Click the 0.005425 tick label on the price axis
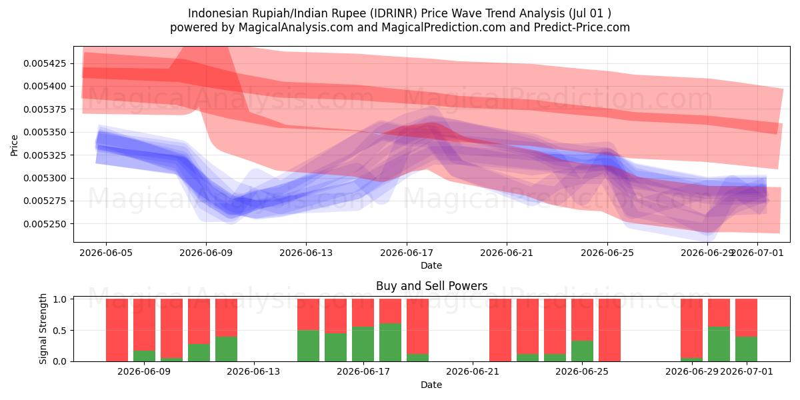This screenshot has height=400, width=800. [45, 63]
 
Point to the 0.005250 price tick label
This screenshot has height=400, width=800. [45, 224]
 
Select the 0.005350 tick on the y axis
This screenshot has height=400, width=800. [45, 132]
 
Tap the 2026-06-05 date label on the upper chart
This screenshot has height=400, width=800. [106, 253]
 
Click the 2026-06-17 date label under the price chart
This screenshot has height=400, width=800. [407, 253]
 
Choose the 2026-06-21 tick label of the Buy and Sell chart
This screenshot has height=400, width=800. [473, 371]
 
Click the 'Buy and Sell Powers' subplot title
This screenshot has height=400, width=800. [431, 286]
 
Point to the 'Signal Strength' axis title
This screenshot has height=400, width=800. [43, 329]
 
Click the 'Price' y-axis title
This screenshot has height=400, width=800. [14, 145]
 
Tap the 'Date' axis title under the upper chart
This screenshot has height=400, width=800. [431, 265]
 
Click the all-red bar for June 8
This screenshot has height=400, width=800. [117, 330]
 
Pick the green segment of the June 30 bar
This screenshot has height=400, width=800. [719, 344]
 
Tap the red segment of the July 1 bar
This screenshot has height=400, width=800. [746, 318]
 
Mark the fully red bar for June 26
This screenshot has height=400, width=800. [609, 330]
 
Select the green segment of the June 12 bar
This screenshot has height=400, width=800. [226, 349]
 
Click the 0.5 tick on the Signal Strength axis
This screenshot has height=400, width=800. [61, 331]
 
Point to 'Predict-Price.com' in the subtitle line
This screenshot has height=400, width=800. [582, 27]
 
